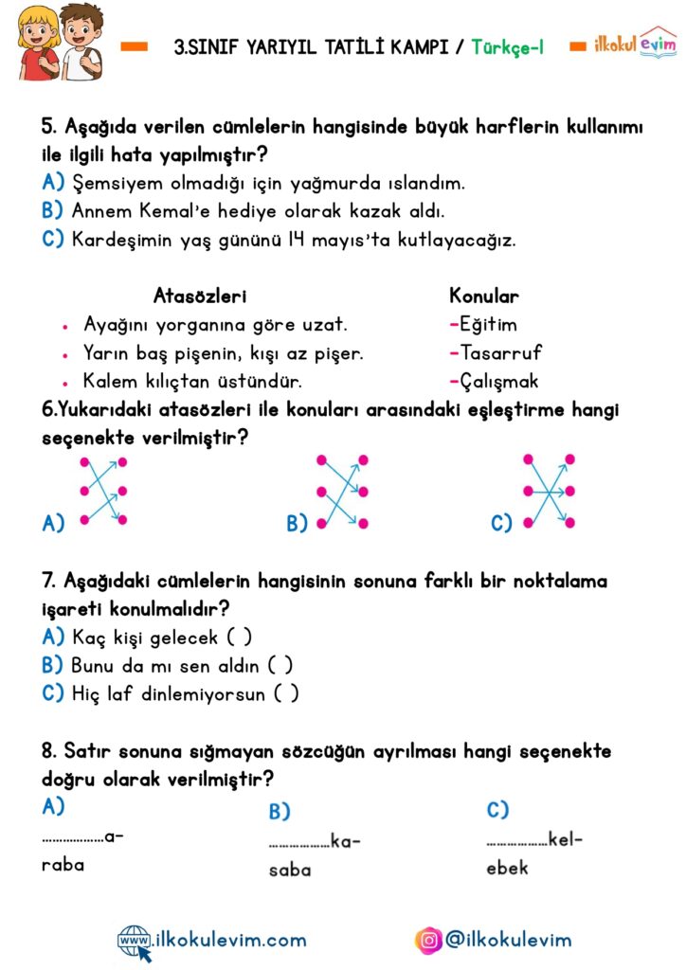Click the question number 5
coord(49,127)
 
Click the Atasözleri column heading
coord(200,296)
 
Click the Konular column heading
coord(483,296)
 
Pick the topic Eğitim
coord(488,325)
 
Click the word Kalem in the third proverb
coord(110,382)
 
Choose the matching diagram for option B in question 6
coord(342,491)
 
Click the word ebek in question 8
coord(508,868)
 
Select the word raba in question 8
coord(63,865)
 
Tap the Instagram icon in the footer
coord(429,941)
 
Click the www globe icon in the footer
coord(134,941)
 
